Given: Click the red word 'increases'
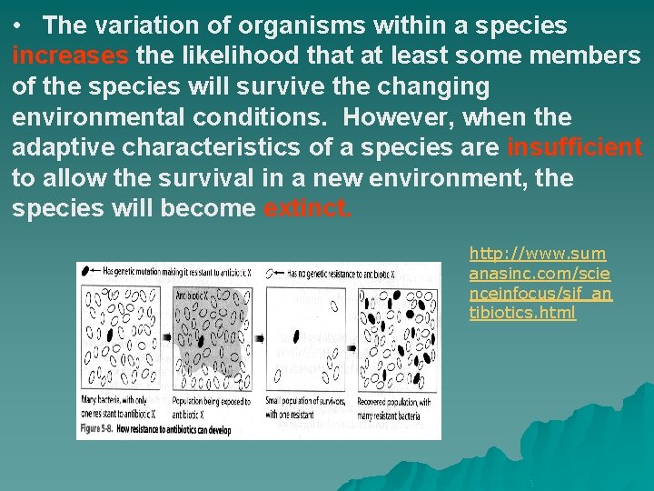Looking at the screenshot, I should pos(70,55).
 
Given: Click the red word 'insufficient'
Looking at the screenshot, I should pos(574,147).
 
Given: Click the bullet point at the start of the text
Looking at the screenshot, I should pos(19,25).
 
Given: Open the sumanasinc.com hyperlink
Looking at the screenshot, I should pos(540,283).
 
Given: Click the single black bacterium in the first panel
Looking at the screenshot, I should pos(112,334).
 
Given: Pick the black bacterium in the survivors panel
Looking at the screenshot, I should pos(296,336).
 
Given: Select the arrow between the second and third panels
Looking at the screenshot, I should pos(259,338).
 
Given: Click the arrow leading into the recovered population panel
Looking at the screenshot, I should pos(352,338).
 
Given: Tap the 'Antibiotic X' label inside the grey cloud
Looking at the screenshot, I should pos(192,296).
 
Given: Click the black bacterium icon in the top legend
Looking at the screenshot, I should pos(86,271).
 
